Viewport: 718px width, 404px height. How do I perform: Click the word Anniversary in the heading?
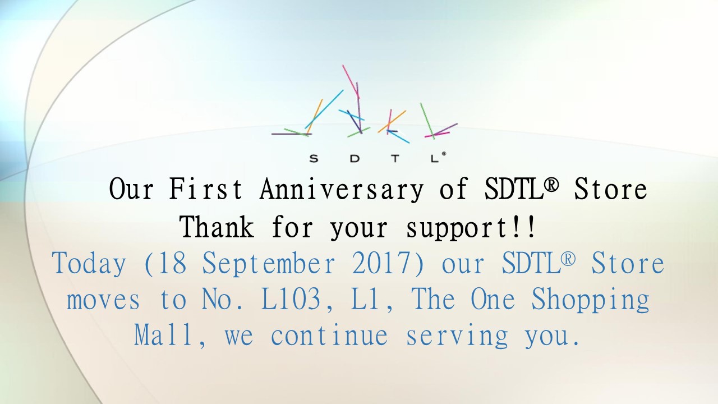342,190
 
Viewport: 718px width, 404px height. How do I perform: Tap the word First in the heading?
205,189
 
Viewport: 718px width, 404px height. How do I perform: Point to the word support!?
471,228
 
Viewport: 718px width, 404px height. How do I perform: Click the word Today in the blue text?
89,264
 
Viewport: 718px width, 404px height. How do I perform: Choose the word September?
269,264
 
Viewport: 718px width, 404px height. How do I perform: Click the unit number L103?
291,299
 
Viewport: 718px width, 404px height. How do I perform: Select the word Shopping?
591,300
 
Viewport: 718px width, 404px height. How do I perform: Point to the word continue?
329,336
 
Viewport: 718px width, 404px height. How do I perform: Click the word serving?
457,336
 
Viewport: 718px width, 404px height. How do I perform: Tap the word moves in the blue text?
103,300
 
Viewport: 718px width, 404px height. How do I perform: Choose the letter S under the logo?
314,158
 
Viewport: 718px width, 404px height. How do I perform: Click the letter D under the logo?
355,158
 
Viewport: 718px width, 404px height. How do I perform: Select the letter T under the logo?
395,158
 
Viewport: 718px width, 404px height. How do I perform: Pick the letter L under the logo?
434,158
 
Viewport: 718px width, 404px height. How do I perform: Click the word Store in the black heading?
610,189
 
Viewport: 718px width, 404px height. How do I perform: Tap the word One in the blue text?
493,299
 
